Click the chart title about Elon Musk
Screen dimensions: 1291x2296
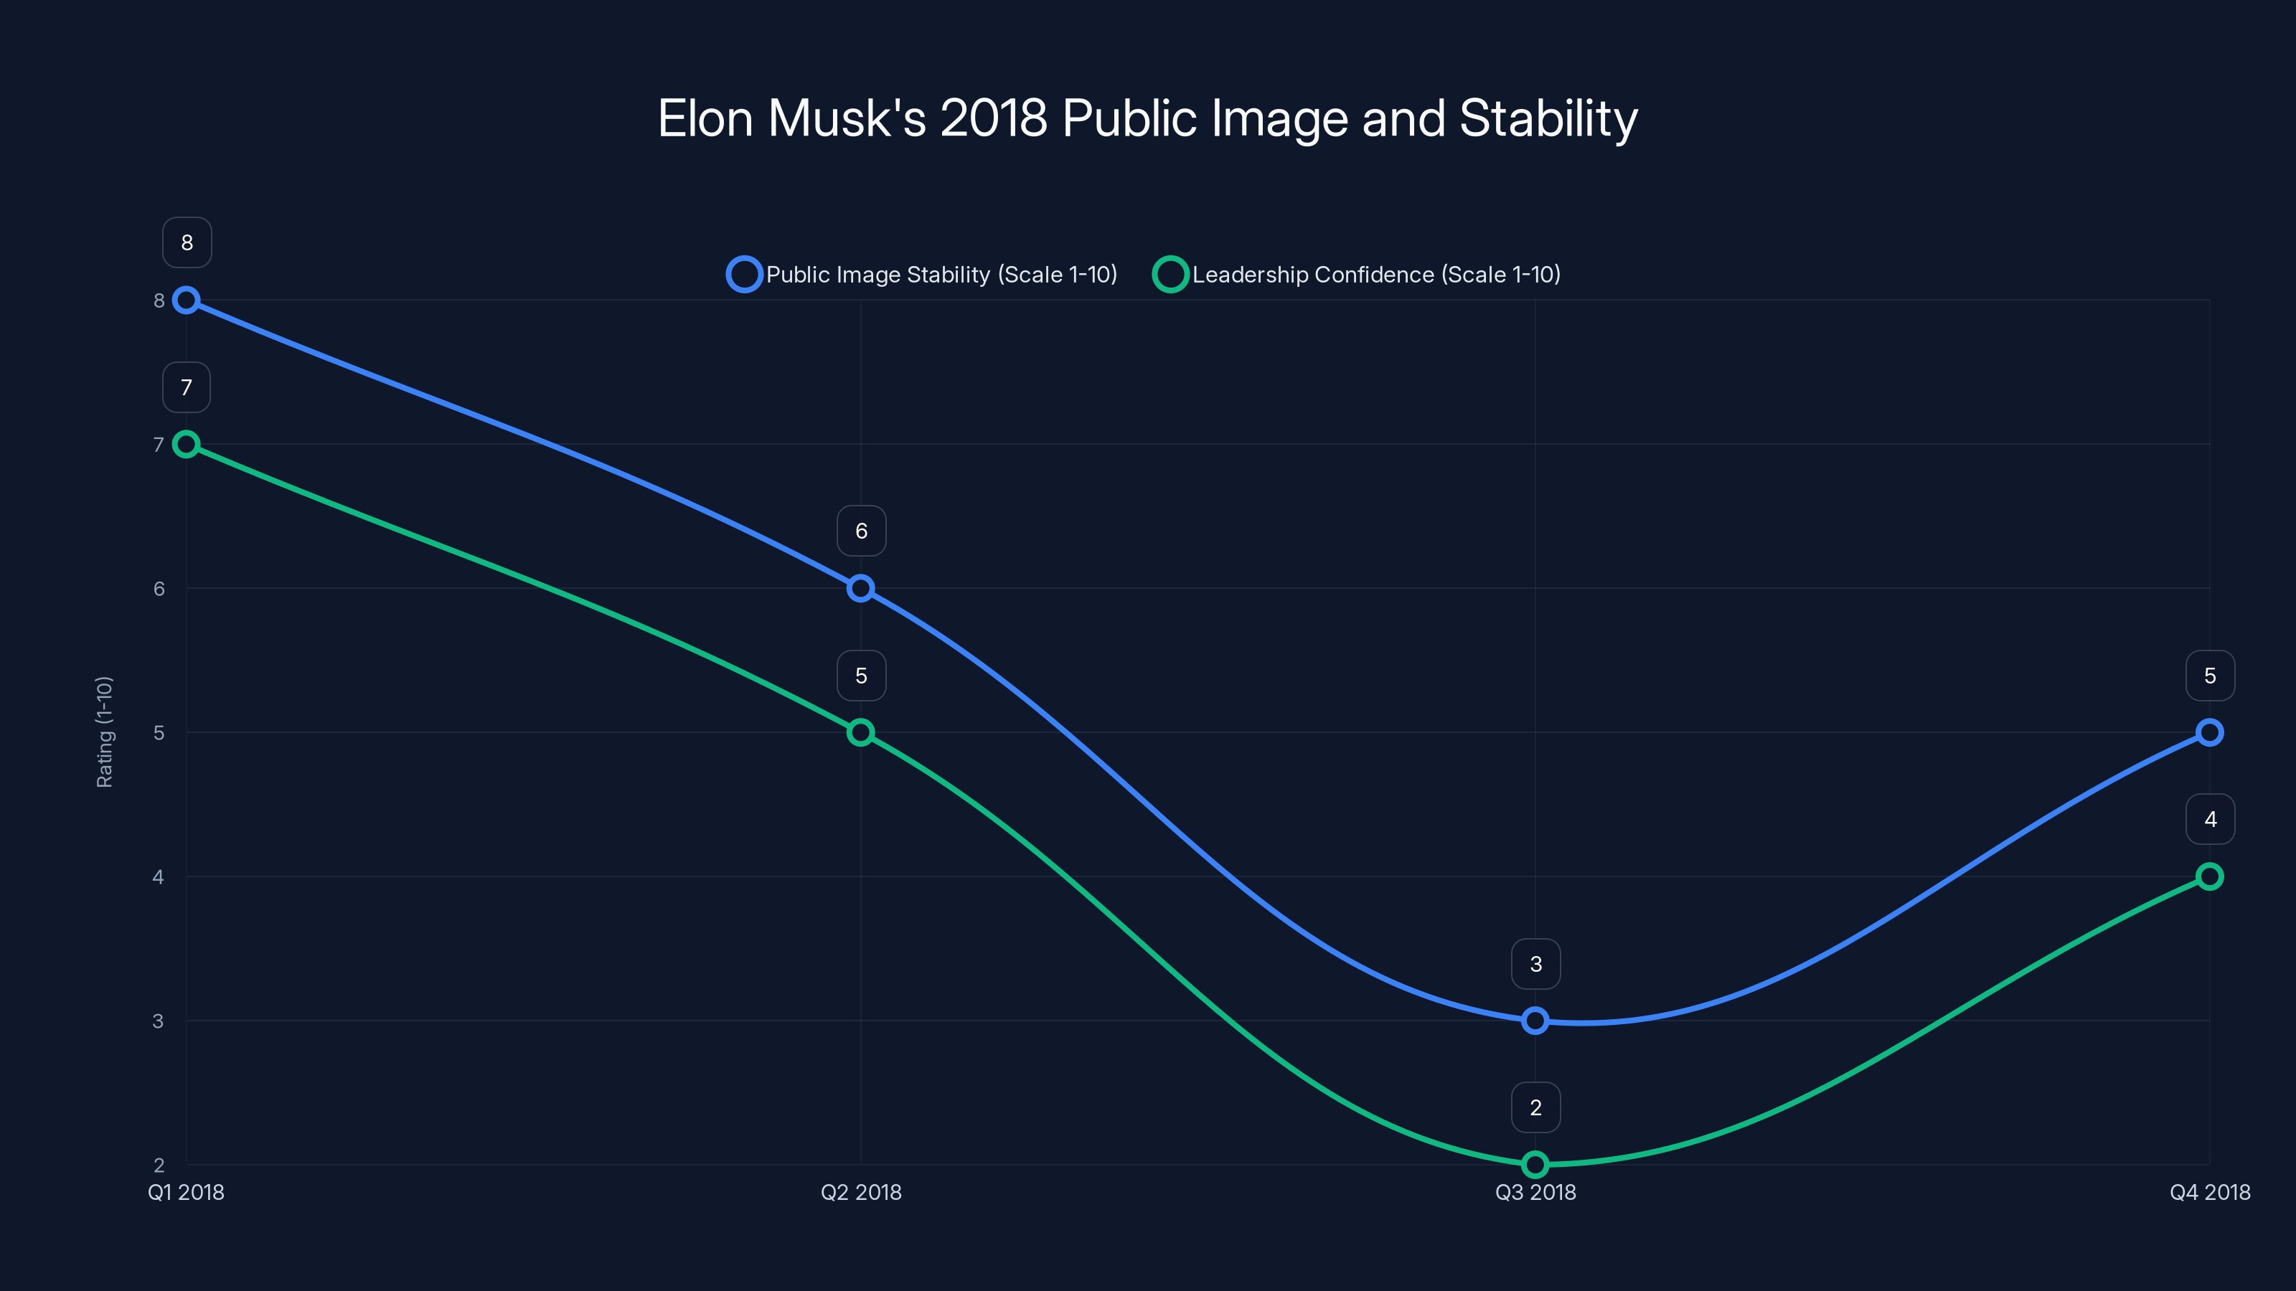click(1147, 118)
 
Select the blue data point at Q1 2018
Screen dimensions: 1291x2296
click(187, 301)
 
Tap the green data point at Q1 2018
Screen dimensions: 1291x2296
click(187, 444)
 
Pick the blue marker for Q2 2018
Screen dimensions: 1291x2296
click(860, 588)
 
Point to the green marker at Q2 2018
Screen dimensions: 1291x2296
click(860, 732)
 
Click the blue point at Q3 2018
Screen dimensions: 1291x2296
click(1535, 1020)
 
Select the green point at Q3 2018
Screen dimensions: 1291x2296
click(1535, 1165)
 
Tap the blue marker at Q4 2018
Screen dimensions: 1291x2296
click(2210, 732)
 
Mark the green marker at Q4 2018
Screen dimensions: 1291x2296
click(2210, 876)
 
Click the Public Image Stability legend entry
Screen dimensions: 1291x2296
click(923, 275)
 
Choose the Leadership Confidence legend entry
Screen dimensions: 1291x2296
click(1357, 275)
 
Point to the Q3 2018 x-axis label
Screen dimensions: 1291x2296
click(1535, 1192)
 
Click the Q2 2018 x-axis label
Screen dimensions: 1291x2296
click(860, 1192)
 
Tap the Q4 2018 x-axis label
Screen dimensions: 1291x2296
click(2210, 1192)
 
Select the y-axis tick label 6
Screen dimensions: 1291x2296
click(159, 588)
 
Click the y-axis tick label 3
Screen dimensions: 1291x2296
click(159, 1021)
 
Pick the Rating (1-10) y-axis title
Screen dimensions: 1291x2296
click(104, 732)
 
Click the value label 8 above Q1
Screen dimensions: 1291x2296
click(187, 242)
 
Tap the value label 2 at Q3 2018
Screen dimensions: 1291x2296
click(1535, 1107)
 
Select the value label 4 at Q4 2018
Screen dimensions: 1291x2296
click(2210, 819)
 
